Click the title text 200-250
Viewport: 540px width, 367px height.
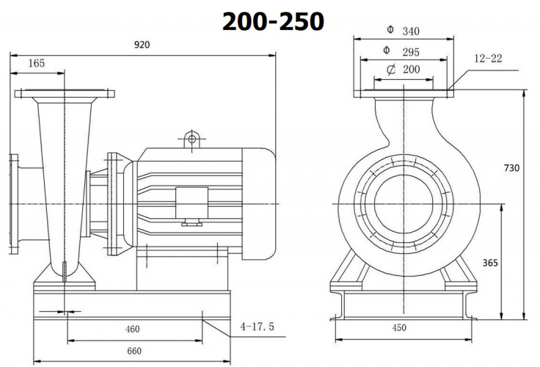coord(273,21)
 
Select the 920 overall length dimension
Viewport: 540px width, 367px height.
coord(142,46)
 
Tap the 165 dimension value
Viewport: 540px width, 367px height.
coord(37,64)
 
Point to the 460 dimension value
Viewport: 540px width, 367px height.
coord(132,330)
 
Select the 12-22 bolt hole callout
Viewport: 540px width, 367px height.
coord(488,58)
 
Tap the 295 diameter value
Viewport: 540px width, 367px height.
coord(411,51)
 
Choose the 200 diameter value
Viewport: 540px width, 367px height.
coord(411,70)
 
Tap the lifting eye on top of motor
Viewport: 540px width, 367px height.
coord(192,137)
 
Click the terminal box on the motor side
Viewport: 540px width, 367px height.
coord(191,201)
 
